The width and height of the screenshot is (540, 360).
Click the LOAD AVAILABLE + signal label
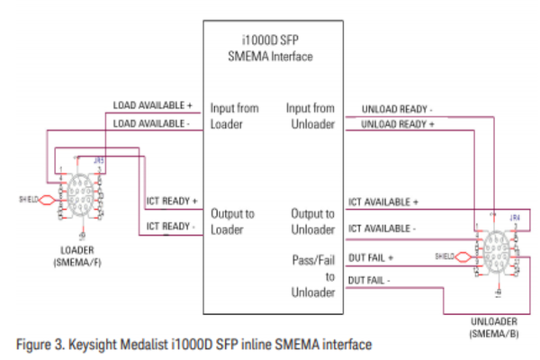click(154, 104)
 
